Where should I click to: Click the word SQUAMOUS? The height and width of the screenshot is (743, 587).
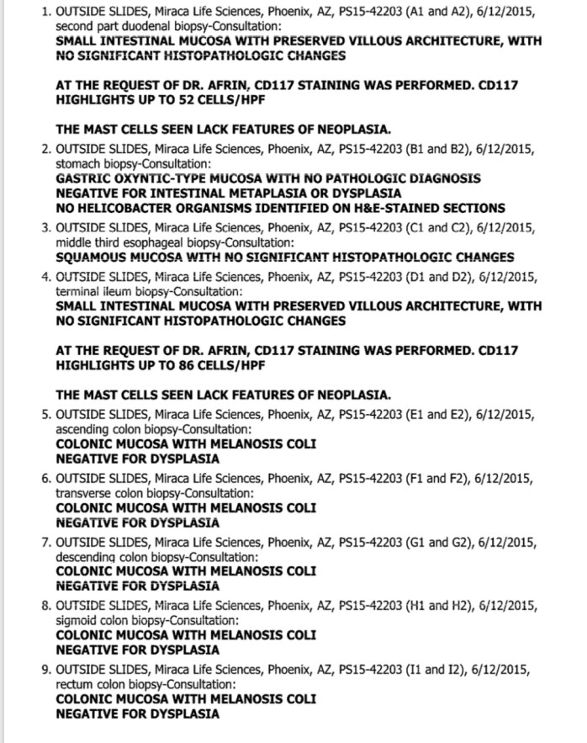[93, 257]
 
